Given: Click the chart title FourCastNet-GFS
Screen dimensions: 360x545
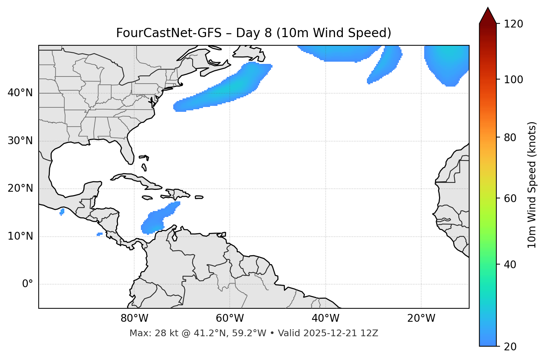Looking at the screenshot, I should coord(254,33).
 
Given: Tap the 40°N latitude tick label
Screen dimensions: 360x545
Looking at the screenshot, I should coord(20,93).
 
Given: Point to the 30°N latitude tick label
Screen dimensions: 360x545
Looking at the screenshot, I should coord(20,141).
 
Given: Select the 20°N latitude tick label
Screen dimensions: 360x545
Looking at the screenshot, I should coord(20,188).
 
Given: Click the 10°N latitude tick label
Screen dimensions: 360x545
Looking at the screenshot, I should coord(20,236).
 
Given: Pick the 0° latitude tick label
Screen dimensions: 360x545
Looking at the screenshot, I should coord(28,284).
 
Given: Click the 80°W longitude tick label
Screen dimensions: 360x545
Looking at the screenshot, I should coord(134,318).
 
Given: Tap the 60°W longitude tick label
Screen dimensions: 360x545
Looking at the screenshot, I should coord(230,318).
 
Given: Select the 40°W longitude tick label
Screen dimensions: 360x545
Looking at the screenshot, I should coord(325,318).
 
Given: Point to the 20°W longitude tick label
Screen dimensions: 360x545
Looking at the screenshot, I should coord(421,318).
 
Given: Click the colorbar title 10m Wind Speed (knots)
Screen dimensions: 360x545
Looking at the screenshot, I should coord(532,185).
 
